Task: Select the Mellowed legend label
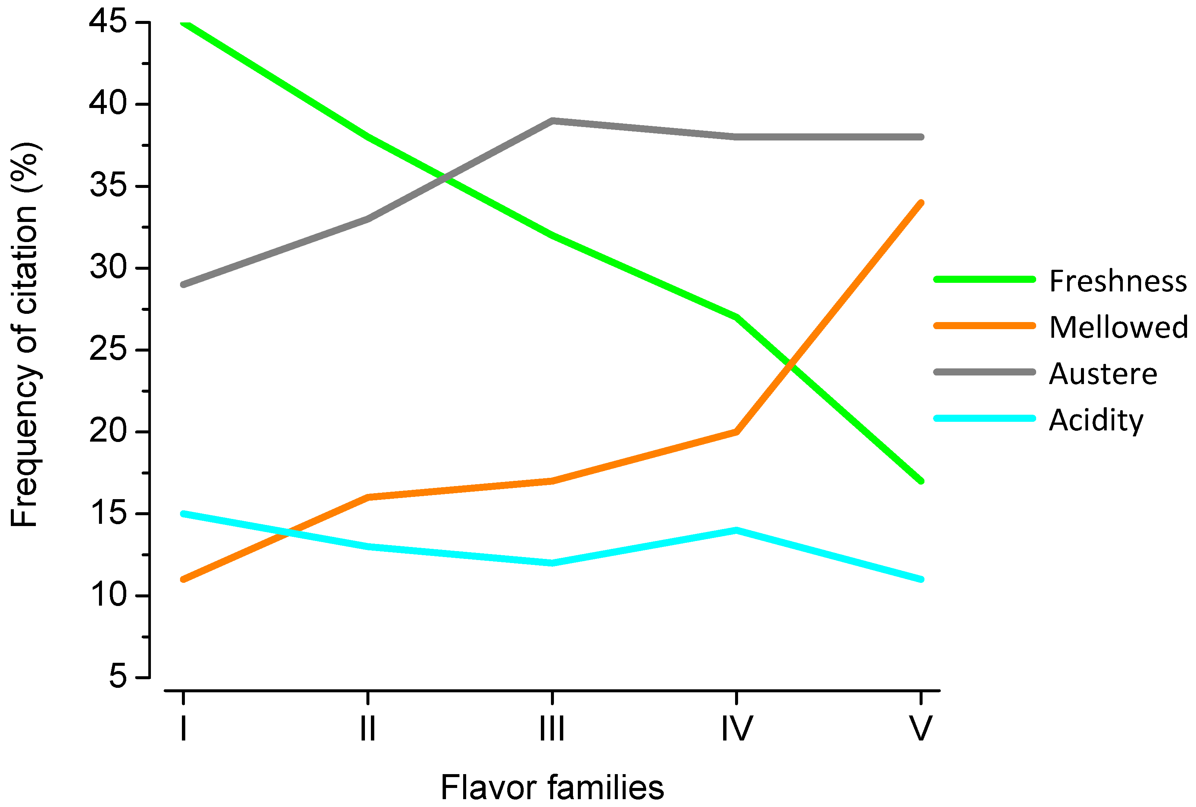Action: [x=1118, y=327]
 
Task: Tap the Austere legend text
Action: [x=1103, y=374]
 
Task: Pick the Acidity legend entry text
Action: [x=1096, y=420]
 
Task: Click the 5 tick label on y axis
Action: [x=117, y=676]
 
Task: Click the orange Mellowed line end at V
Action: [x=921, y=203]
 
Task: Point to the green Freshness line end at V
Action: [x=921, y=481]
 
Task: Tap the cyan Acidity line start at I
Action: [x=184, y=514]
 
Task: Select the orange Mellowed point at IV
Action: [x=737, y=432]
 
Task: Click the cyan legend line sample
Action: [x=983, y=418]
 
